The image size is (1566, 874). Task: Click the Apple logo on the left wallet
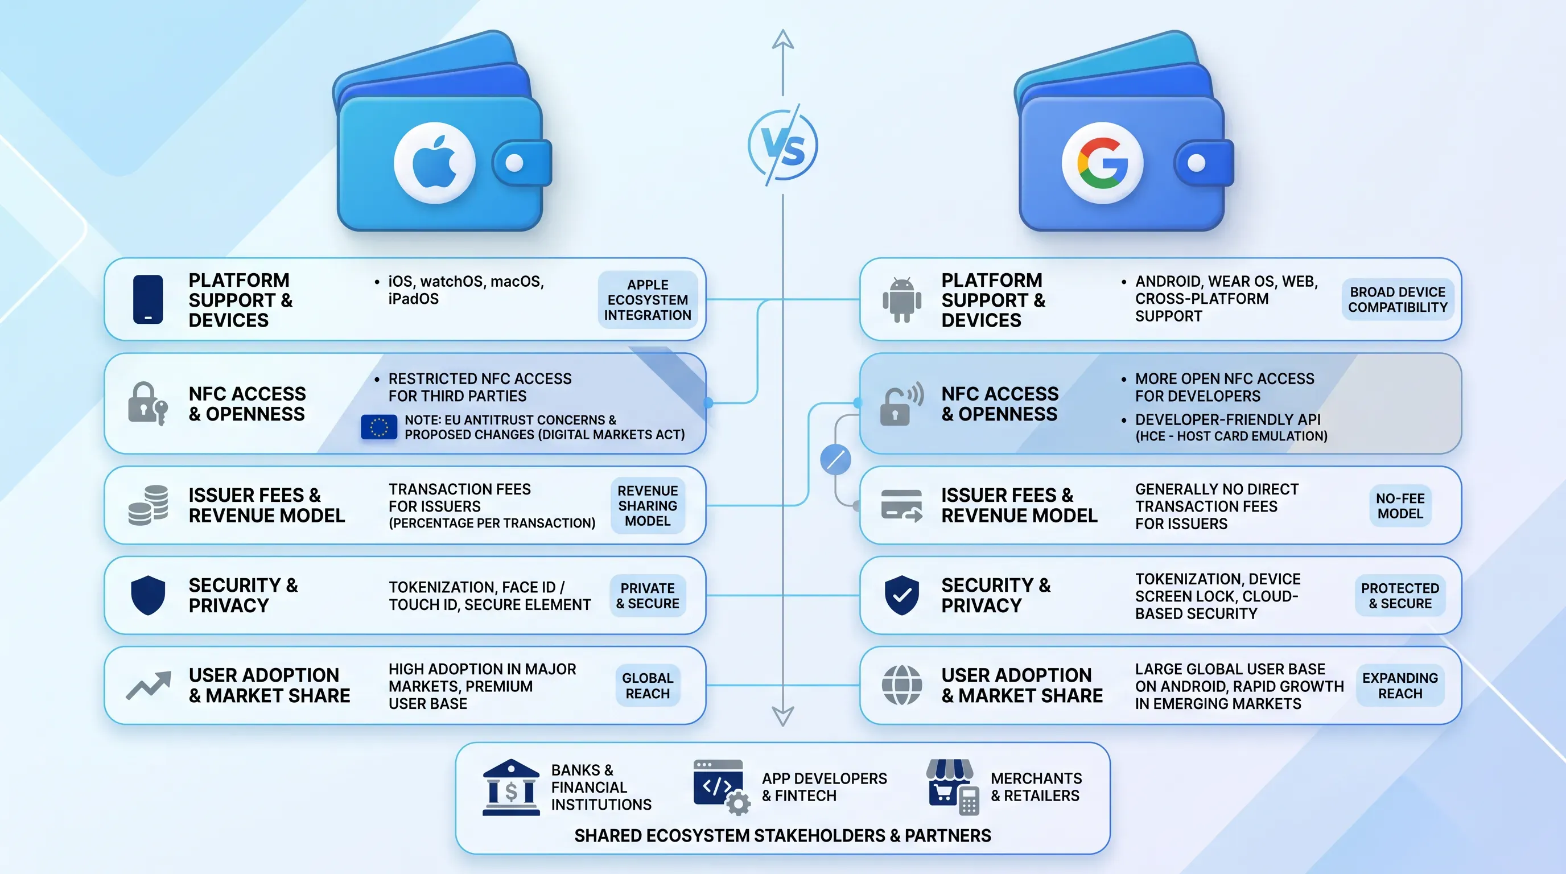434,162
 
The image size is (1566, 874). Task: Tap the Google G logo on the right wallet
1102,163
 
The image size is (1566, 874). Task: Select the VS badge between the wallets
783,145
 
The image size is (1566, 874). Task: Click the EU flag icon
379,427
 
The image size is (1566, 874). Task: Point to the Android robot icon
901,300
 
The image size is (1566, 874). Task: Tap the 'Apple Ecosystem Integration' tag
648,300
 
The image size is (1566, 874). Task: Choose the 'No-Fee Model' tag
1400,506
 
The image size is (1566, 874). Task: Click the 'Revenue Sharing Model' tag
648,506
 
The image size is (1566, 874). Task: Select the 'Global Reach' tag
648,686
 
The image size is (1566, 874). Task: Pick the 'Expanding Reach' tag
1400,686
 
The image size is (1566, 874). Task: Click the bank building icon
511,787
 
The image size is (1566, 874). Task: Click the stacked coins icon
149,505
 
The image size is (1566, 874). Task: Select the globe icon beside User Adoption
901,685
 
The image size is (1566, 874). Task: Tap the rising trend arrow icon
149,686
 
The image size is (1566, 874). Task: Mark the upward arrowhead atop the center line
783,39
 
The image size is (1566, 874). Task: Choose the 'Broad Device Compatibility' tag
1398,300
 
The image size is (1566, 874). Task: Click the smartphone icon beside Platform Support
148,299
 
